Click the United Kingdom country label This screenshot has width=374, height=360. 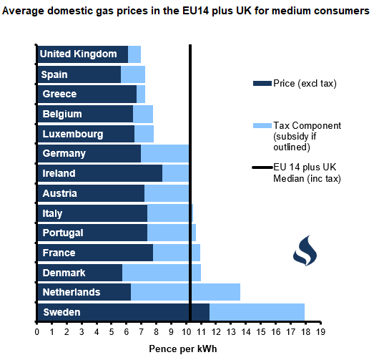coord(78,54)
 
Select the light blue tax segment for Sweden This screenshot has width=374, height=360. coord(257,312)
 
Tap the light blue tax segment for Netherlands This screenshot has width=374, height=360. coord(185,292)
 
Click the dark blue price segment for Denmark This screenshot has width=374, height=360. coord(79,273)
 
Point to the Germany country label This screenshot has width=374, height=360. coord(64,153)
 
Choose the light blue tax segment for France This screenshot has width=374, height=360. coord(177,253)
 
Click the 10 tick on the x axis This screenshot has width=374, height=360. coord(186,332)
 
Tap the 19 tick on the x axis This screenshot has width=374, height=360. coord(320,332)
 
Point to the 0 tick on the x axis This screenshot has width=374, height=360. coord(37,332)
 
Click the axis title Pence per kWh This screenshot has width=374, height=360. coord(183,349)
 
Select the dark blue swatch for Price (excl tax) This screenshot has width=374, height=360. coord(262,84)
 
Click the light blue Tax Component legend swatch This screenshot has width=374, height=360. coord(262,126)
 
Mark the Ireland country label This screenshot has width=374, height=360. coord(59,173)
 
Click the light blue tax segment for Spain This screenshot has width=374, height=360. coord(133,74)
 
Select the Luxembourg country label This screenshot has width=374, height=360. coord(73,134)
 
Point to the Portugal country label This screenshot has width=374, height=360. coord(63,233)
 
